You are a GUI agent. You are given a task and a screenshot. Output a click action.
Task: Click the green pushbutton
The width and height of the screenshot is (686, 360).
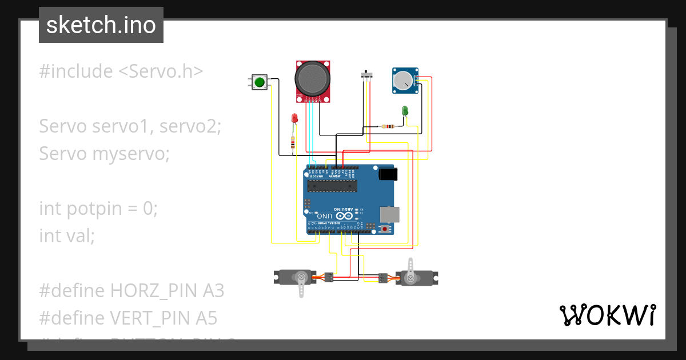click(x=260, y=82)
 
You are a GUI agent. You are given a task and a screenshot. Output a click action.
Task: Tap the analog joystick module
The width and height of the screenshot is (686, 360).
click(x=313, y=80)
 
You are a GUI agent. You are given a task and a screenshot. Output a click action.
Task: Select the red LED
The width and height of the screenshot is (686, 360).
click(x=294, y=118)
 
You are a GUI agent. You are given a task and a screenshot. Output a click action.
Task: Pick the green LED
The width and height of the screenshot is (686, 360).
click(x=405, y=110)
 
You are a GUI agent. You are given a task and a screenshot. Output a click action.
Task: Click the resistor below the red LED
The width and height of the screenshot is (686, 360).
click(x=293, y=142)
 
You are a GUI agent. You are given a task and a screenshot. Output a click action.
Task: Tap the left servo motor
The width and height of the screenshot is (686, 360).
click(x=295, y=278)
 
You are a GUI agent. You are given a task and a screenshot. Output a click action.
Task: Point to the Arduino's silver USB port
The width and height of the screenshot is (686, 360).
click(x=390, y=214)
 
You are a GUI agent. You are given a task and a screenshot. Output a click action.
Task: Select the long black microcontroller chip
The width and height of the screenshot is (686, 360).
click(x=332, y=185)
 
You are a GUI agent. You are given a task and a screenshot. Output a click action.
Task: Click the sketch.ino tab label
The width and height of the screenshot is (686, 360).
click(x=101, y=25)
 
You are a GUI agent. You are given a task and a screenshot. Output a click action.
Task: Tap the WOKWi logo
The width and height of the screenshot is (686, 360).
click(x=607, y=315)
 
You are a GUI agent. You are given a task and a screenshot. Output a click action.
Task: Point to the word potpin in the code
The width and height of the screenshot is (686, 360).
click(x=94, y=209)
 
